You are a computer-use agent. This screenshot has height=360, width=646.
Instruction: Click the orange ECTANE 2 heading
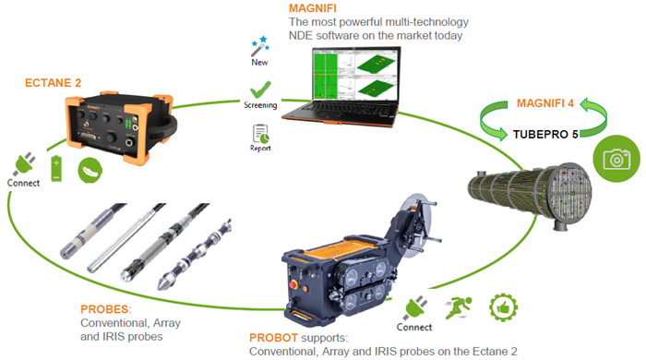53,83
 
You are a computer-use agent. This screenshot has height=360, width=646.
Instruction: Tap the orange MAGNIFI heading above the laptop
312,8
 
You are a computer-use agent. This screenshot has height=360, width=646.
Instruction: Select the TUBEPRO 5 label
545,134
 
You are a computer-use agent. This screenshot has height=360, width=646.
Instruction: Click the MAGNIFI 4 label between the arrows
545,103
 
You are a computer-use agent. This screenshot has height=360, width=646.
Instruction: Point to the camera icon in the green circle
616,159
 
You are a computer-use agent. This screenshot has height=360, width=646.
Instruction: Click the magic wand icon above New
260,46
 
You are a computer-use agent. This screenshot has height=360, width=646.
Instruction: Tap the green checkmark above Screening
260,90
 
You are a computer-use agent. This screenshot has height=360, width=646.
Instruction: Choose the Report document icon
260,134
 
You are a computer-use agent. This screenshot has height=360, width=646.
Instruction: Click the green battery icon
56,169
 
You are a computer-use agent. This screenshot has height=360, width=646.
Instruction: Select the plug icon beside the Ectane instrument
24,164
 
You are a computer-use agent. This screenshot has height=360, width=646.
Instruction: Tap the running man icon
458,307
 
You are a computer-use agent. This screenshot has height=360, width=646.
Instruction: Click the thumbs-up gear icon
503,307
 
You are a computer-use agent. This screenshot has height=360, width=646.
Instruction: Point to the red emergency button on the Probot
293,284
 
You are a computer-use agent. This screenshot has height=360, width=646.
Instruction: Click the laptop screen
355,74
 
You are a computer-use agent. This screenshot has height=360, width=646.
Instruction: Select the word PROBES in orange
104,309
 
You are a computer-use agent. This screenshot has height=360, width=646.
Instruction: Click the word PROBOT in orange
273,338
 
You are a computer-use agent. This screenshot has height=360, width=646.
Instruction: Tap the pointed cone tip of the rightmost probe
161,285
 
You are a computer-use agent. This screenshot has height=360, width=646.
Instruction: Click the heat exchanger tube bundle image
531,193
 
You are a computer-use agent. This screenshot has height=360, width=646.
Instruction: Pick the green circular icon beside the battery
90,170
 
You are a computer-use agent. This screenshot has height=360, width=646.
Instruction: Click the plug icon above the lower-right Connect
414,307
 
